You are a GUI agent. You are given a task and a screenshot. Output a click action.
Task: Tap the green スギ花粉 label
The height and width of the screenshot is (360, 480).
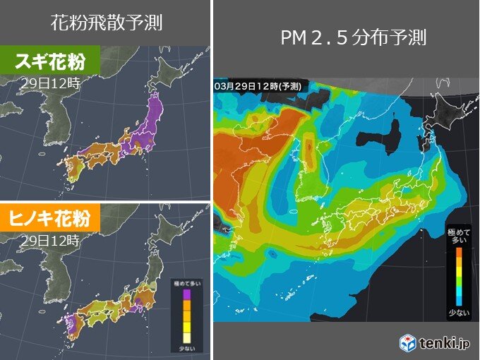(49, 61)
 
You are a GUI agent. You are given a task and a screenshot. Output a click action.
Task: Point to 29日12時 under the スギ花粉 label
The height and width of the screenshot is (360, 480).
(49, 82)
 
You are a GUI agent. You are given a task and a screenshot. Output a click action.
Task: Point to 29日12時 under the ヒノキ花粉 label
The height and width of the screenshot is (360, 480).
(49, 240)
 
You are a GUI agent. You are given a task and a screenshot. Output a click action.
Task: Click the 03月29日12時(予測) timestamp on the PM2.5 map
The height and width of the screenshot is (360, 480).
(259, 85)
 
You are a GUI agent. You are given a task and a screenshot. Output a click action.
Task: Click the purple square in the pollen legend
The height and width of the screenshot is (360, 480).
(187, 294)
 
